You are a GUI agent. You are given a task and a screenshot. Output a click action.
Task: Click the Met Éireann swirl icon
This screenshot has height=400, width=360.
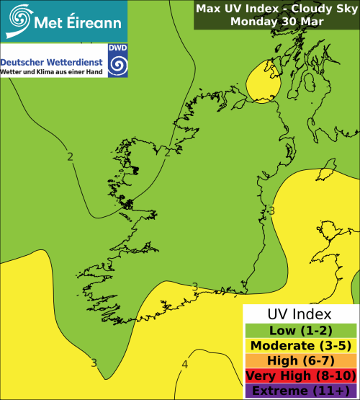pyautogui.click(x=19, y=19)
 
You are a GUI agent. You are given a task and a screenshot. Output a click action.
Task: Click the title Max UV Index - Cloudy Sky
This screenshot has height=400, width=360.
pyautogui.click(x=276, y=9)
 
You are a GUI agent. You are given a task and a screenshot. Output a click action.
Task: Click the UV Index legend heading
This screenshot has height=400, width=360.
pyautogui.click(x=300, y=314)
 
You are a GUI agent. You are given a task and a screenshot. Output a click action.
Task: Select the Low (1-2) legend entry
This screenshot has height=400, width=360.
pyautogui.click(x=300, y=330)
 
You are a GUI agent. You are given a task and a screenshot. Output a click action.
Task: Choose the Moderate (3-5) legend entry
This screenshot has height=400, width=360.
pyautogui.click(x=300, y=345)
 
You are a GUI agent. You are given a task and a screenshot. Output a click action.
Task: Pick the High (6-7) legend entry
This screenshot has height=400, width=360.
pyautogui.click(x=300, y=360)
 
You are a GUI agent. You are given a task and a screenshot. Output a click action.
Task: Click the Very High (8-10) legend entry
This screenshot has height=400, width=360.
pyautogui.click(x=300, y=375)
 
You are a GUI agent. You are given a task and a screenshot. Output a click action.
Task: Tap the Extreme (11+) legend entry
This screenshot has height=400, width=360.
pyautogui.click(x=300, y=391)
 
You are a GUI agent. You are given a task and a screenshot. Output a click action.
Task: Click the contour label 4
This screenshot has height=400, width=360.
pyautogui.click(x=184, y=365)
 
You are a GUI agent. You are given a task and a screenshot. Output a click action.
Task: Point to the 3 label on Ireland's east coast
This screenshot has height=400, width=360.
pyautogui.click(x=271, y=210)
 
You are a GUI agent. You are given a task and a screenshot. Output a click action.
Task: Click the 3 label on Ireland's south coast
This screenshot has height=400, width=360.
pyautogui.click(x=194, y=287)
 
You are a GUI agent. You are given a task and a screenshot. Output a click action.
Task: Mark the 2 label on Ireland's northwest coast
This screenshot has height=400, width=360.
pyautogui.click(x=167, y=151)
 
